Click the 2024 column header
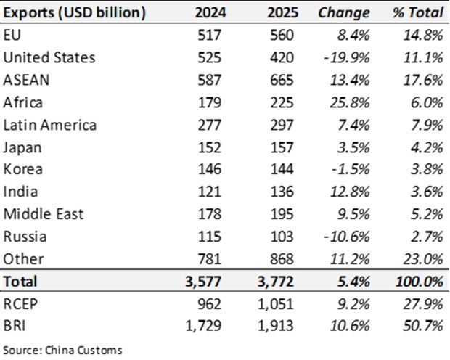pos(210,12)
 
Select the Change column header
pos(344,13)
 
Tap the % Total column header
pos(418,12)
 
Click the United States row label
pos(49,57)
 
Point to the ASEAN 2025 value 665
pos(282,80)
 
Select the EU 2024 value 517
pos(210,35)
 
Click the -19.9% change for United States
pos(347,58)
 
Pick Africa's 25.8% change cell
pos(350,102)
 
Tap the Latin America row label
pos(49,125)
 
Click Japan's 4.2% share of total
pos(427,147)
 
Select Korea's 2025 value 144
pos(282,169)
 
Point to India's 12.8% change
pos(350,192)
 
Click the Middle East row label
pos(44,214)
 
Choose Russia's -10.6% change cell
pos(347,237)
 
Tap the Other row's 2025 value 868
pos(282,259)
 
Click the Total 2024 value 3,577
pos(203,282)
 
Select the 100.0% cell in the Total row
pos(420,282)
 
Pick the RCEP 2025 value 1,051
pos(276,303)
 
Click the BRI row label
pos(15,326)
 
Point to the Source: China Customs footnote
pos(62,350)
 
